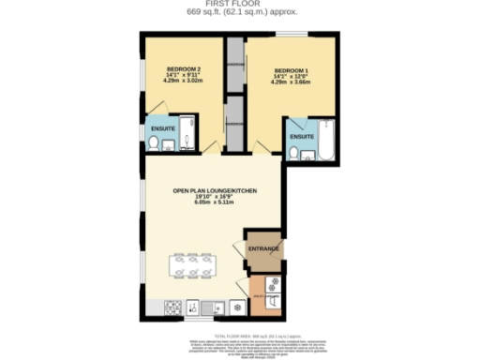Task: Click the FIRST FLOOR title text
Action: (240, 5)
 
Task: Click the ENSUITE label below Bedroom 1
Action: (301, 137)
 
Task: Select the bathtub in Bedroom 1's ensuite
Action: (325, 139)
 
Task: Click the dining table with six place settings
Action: (193, 267)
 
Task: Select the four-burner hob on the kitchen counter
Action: (172, 307)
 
